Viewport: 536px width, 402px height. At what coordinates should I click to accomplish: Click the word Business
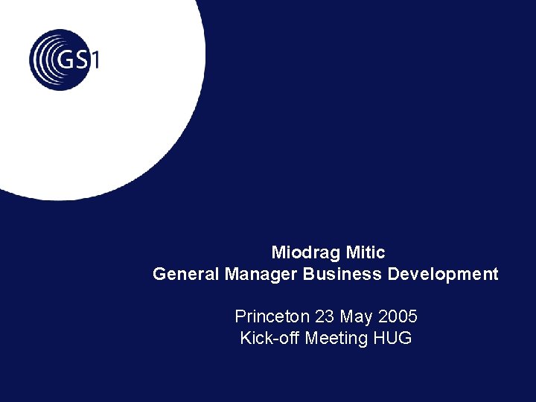point(342,274)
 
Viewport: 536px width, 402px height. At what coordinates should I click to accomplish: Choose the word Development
point(443,275)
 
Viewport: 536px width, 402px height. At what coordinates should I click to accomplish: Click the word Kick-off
point(269,338)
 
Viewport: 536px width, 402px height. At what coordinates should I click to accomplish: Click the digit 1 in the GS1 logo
point(95,58)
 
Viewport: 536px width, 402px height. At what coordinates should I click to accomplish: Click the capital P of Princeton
point(240,316)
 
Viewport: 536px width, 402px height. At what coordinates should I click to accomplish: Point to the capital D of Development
point(392,274)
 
